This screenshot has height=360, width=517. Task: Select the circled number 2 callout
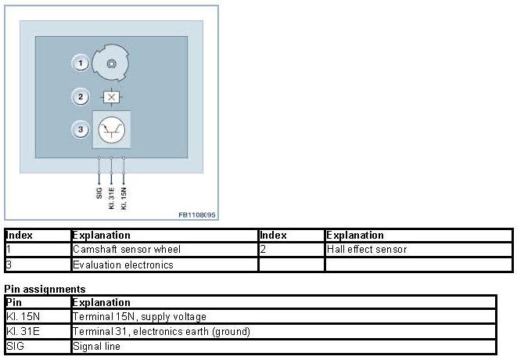click(x=79, y=98)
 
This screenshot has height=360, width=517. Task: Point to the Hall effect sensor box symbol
click(x=111, y=98)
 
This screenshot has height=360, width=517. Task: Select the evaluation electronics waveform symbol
click(x=112, y=130)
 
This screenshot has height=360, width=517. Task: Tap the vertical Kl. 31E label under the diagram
click(x=112, y=196)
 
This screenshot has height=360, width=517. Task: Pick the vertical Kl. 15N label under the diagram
click(x=124, y=196)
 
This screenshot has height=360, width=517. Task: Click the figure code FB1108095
click(x=196, y=214)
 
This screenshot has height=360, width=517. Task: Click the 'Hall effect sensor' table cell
click(x=367, y=250)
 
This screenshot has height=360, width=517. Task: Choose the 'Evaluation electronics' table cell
click(x=122, y=265)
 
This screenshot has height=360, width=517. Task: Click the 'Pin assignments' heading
click(x=45, y=289)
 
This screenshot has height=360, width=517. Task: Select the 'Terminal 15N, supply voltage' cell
click(x=139, y=317)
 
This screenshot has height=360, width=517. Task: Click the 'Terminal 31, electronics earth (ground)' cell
click(x=161, y=331)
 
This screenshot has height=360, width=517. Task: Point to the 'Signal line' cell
click(x=96, y=346)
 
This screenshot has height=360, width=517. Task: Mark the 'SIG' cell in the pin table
click(x=15, y=346)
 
